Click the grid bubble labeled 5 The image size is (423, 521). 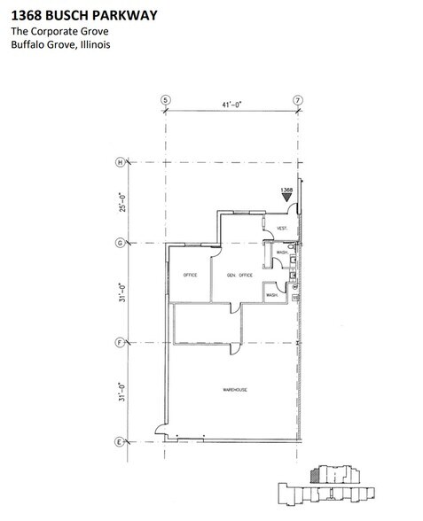[x=164, y=99]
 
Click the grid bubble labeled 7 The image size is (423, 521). [x=298, y=99]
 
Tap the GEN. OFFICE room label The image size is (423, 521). [x=239, y=276]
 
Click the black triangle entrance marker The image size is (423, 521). [x=286, y=199]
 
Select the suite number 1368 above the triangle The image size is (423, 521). [x=286, y=190]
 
